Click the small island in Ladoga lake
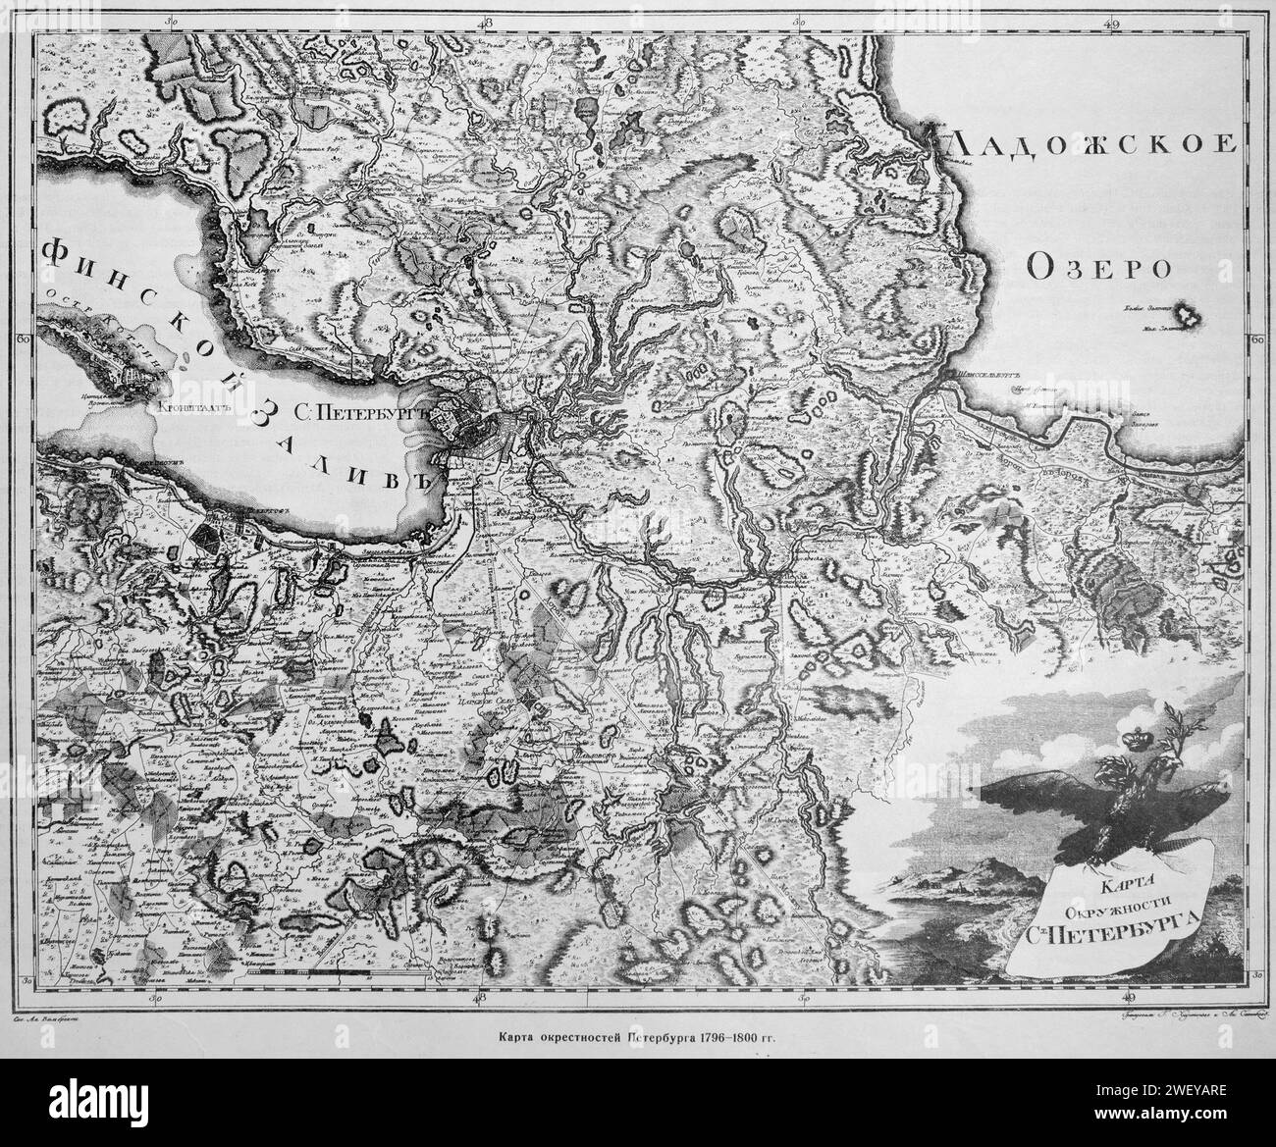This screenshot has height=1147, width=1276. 1191,315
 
